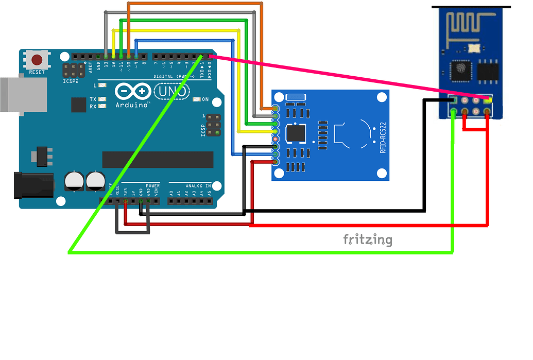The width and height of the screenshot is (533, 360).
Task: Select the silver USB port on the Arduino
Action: (20, 94)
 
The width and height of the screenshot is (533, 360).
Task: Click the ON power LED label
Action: (205, 99)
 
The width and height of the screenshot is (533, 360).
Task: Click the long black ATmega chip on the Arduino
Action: (158, 160)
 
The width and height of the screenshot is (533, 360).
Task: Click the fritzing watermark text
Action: (368, 239)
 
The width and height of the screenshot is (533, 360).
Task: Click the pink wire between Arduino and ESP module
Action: (330, 75)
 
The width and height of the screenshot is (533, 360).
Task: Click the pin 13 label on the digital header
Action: (106, 64)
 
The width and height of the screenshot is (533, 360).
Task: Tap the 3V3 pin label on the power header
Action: (125, 193)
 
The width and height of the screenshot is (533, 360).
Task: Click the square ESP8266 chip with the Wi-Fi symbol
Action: (459, 70)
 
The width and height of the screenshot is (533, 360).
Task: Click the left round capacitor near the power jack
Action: (74, 181)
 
